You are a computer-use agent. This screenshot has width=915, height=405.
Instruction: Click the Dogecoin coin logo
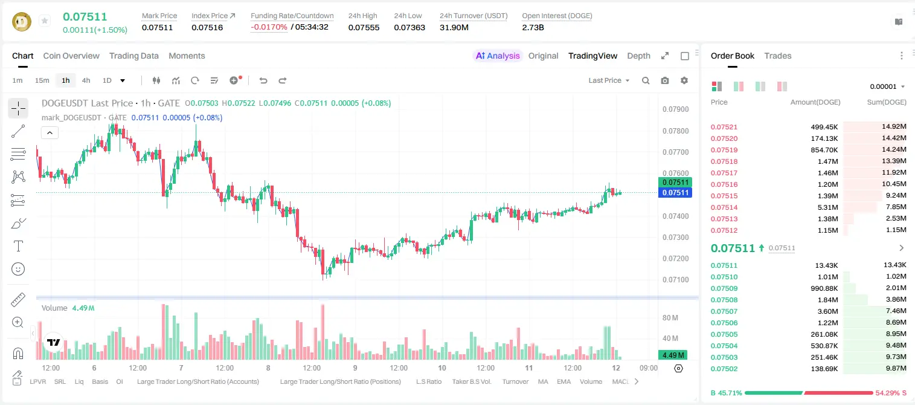click(22, 22)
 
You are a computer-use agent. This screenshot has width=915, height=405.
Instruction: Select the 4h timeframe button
click(86, 80)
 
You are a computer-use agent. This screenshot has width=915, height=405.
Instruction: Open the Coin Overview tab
click(71, 56)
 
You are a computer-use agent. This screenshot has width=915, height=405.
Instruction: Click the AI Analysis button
click(498, 56)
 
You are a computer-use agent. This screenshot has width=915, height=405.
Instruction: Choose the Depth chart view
click(638, 56)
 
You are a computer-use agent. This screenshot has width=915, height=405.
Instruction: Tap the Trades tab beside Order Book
click(778, 56)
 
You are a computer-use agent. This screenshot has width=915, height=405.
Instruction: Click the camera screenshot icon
click(665, 80)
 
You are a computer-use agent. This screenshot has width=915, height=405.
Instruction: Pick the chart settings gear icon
click(684, 80)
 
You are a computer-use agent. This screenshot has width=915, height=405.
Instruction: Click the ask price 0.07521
click(724, 127)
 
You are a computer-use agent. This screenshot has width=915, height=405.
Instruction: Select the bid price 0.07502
click(724, 369)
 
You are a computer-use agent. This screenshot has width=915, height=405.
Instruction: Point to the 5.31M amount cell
click(827, 207)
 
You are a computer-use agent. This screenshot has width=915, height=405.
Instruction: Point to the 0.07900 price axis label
click(676, 109)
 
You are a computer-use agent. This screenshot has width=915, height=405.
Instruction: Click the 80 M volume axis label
click(670, 317)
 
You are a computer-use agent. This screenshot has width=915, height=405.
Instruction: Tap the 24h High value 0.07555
click(364, 27)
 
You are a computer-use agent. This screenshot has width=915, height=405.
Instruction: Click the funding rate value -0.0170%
click(269, 27)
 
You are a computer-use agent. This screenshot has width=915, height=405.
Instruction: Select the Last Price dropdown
click(609, 80)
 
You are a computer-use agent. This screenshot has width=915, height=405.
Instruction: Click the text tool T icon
click(18, 246)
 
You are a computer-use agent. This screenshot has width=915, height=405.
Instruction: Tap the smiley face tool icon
click(18, 269)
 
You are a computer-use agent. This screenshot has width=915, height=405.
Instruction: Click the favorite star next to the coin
click(45, 21)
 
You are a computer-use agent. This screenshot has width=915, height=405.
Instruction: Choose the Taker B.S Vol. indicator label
click(471, 381)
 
